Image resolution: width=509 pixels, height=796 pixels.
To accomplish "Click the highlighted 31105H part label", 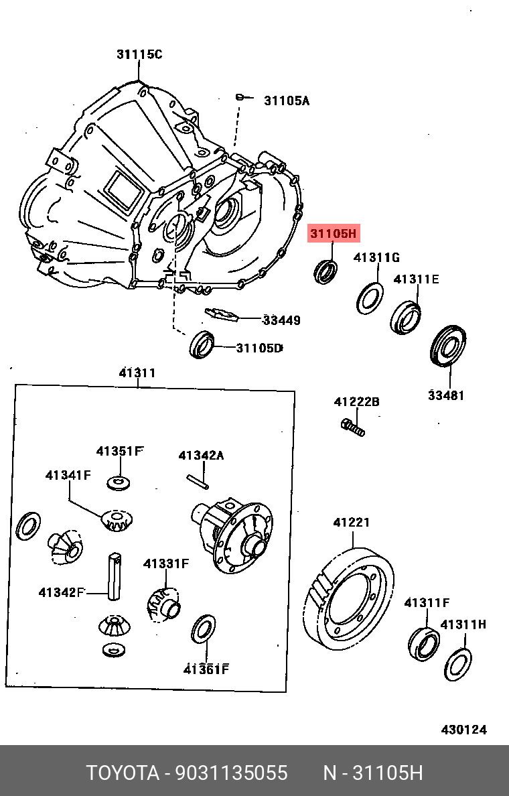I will (x=334, y=234).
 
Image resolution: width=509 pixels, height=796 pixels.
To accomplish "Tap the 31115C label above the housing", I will (x=139, y=54).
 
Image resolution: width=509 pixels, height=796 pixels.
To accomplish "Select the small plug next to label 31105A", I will (x=239, y=98).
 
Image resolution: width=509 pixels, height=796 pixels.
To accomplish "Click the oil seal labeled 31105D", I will (x=202, y=344).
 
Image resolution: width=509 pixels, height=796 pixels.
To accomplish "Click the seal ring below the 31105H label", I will (x=326, y=271).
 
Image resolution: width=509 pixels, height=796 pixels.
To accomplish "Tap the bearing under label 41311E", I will (x=406, y=317).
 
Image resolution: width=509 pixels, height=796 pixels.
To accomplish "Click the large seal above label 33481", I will (x=447, y=346).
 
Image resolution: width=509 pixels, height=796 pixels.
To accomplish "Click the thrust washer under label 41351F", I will (x=118, y=482).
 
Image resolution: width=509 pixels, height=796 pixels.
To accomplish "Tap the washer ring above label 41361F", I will (x=204, y=628).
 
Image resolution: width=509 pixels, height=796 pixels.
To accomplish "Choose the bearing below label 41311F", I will (x=423, y=643).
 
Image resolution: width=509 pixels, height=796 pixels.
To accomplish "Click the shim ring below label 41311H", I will (x=458, y=663).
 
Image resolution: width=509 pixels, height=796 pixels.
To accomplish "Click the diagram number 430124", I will (x=463, y=730).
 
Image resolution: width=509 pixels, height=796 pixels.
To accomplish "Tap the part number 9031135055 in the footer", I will (x=231, y=773).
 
